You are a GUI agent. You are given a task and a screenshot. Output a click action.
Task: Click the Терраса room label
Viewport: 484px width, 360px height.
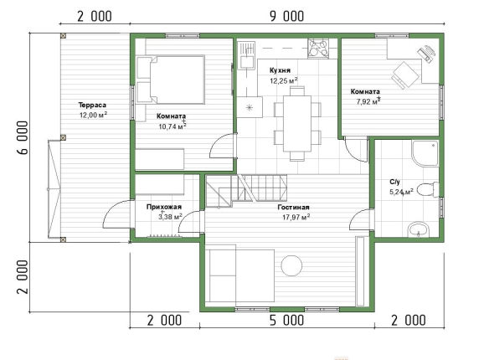(92, 105)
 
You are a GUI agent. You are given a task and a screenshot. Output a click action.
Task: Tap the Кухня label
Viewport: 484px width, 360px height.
(280, 70)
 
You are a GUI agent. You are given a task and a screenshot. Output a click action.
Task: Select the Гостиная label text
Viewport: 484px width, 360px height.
(293, 208)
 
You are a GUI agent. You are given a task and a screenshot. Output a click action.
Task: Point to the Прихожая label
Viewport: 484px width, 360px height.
(164, 207)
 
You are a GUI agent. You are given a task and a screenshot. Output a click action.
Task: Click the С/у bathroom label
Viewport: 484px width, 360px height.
(394, 182)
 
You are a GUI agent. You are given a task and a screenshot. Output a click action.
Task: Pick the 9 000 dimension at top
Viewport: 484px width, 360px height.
(286, 17)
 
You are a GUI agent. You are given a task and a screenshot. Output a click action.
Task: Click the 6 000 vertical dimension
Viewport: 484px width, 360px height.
(23, 137)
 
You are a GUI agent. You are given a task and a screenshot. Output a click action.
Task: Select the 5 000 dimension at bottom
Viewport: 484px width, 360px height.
(286, 320)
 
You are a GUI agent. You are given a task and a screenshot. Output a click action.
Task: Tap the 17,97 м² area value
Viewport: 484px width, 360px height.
(296, 217)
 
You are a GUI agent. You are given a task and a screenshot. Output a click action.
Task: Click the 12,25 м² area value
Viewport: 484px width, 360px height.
(284, 81)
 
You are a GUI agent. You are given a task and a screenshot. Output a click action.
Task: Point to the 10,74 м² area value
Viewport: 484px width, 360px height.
(172, 126)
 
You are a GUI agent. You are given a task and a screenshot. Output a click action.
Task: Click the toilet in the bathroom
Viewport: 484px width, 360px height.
(428, 189)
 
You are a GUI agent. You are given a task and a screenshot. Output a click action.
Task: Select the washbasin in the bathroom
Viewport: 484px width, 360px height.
(419, 230)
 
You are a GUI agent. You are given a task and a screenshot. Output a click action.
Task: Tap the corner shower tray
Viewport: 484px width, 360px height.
(425, 153)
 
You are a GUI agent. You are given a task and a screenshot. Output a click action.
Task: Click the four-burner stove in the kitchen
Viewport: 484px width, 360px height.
(318, 48)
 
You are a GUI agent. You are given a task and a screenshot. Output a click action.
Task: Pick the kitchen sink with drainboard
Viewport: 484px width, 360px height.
(246, 55)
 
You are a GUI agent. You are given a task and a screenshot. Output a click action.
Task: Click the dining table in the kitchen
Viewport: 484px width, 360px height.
(297, 123)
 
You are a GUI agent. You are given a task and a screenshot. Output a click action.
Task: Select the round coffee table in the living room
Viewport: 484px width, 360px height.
(291, 265)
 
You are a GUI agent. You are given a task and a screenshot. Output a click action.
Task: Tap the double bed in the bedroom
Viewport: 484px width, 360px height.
(170, 80)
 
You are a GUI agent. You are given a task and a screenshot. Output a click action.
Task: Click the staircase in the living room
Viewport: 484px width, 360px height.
(246, 191)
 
